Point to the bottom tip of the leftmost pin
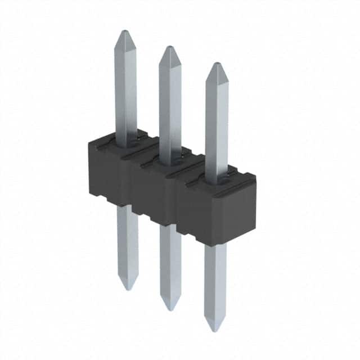(128, 289)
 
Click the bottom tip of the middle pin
(170, 309)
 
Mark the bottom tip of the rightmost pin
(215, 330)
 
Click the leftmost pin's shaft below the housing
(128, 242)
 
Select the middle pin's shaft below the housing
(170, 262)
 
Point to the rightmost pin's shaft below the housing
(215, 281)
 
